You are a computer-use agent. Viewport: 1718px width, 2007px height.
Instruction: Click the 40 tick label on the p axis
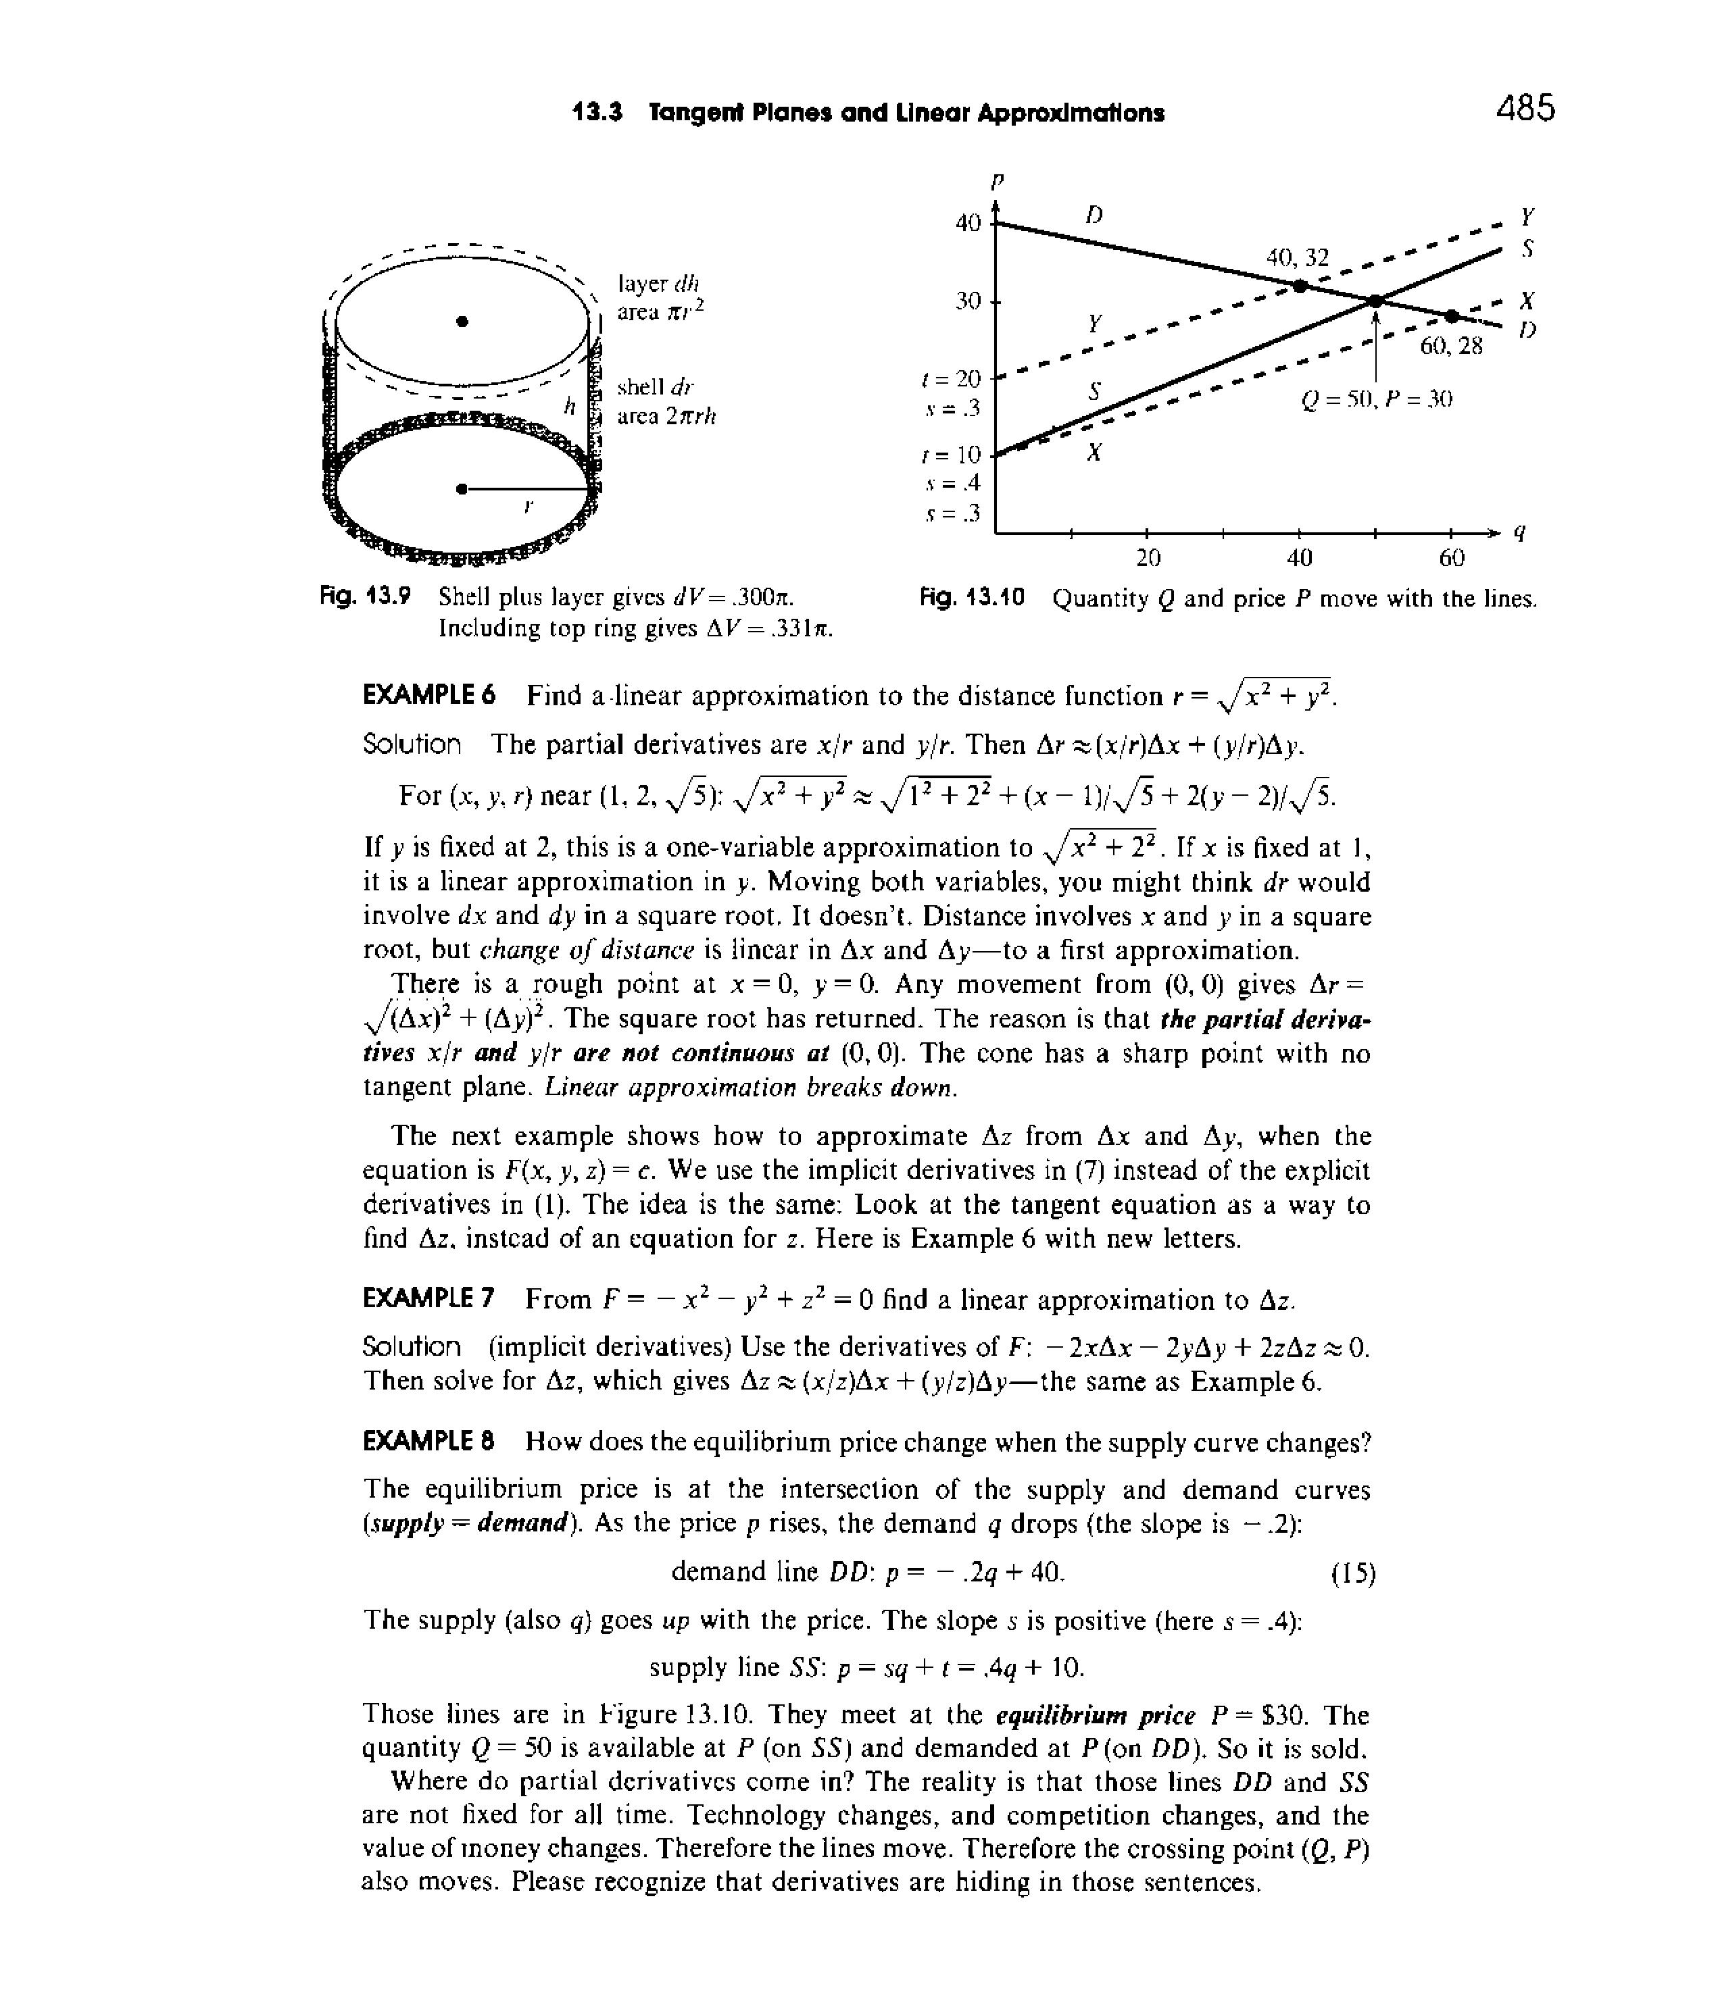point(968,224)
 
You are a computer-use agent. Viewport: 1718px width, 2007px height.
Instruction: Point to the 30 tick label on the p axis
point(968,301)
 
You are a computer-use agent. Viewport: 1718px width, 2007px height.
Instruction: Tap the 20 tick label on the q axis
point(1148,558)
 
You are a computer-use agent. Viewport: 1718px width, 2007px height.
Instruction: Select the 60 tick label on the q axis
point(1452,558)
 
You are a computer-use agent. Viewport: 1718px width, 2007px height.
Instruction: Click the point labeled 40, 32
point(1300,286)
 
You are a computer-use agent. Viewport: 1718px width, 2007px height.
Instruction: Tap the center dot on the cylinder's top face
point(463,321)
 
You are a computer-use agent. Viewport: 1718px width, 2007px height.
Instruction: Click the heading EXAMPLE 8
point(428,1442)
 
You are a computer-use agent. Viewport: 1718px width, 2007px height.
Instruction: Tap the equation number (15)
point(1352,1574)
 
